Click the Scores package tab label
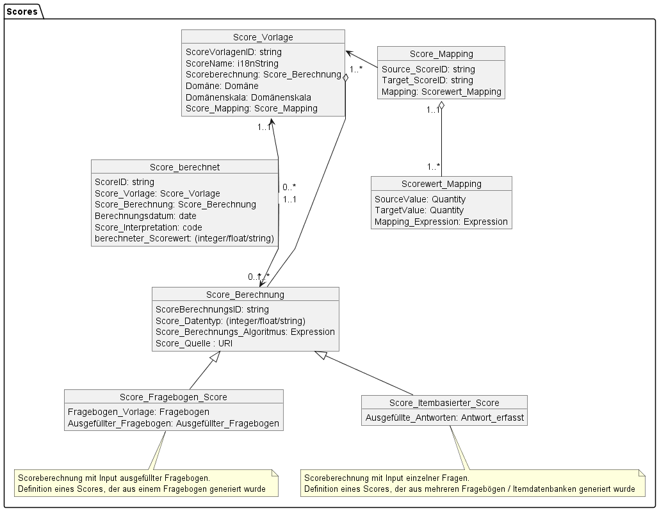[22, 12]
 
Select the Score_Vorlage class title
[263, 37]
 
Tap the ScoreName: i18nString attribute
[232, 63]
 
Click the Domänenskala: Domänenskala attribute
[248, 97]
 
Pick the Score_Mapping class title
[441, 54]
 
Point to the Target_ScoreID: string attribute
[427, 80]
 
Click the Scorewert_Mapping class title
[441, 184]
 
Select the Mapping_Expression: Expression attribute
[441, 222]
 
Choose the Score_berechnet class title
[184, 167]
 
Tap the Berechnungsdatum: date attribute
[145, 216]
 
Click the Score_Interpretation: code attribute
[149, 227]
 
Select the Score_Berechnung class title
[245, 295]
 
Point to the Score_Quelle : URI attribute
[194, 343]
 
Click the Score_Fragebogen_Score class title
[173, 397]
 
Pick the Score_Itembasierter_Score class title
[444, 403]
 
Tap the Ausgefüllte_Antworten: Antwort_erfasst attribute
[444, 418]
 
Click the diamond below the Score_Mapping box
[441, 105]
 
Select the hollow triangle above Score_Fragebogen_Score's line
[215, 356]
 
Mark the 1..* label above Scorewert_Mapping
[434, 167]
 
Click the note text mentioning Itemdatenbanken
[469, 489]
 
